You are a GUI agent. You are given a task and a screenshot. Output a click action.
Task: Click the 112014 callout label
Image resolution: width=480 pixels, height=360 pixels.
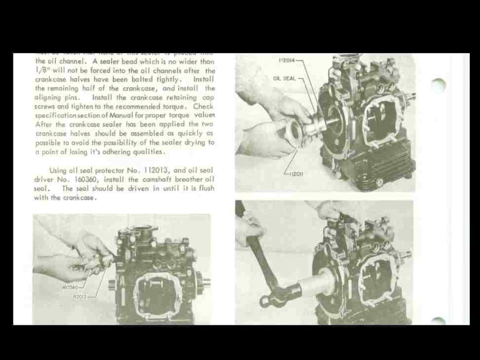pyautogui.click(x=286, y=61)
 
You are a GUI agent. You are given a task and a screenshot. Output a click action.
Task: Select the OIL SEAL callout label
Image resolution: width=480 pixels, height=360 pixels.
pyautogui.click(x=284, y=78)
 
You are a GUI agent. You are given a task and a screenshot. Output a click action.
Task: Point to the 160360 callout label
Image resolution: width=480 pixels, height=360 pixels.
pyautogui.click(x=69, y=288)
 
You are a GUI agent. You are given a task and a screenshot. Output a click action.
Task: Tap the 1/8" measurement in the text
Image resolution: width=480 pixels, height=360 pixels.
pyautogui.click(x=41, y=70)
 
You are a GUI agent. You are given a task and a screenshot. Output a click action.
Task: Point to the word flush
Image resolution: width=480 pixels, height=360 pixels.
pyautogui.click(x=206, y=189)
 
